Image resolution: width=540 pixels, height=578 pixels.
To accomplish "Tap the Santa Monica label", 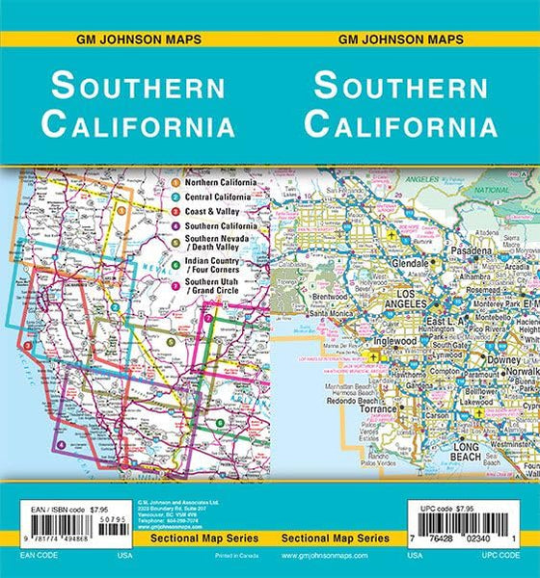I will pos(330,314).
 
